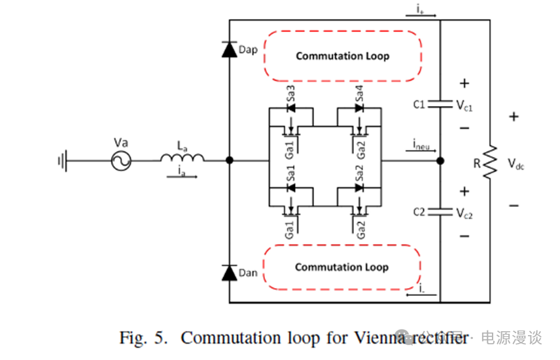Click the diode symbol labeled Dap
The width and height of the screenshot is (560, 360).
click(230, 50)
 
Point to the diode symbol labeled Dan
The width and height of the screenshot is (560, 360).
click(230, 271)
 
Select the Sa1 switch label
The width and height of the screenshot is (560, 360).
click(291, 173)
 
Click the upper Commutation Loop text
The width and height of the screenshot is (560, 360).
click(342, 56)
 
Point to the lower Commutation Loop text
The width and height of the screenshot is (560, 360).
click(341, 267)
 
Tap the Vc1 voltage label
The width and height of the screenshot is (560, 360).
click(464, 105)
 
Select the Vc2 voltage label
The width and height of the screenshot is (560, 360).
click(464, 213)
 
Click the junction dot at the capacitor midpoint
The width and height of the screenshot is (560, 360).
click(440, 160)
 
